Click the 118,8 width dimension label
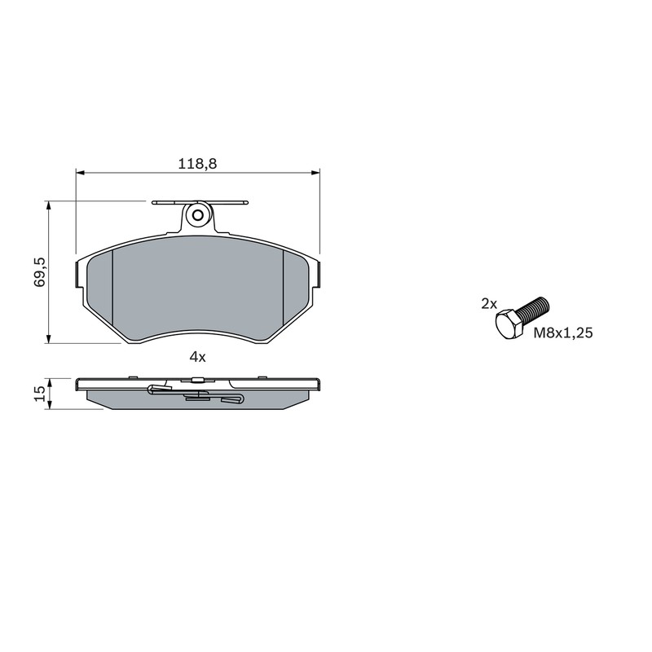click(x=197, y=164)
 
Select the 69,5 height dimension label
click(x=40, y=272)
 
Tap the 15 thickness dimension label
click(x=40, y=393)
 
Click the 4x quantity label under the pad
click(x=197, y=357)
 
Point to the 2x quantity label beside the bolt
click(x=489, y=304)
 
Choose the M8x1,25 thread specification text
click(x=563, y=333)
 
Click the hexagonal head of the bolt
click(x=509, y=324)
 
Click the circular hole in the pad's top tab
click(x=198, y=215)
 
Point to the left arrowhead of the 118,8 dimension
click(x=80, y=172)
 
